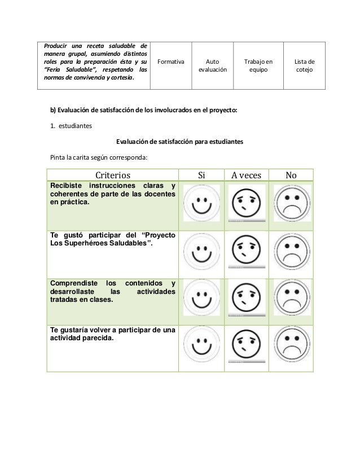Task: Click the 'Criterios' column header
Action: (112, 175)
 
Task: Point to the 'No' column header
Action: (291, 175)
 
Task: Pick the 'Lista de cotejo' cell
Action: (305, 66)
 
